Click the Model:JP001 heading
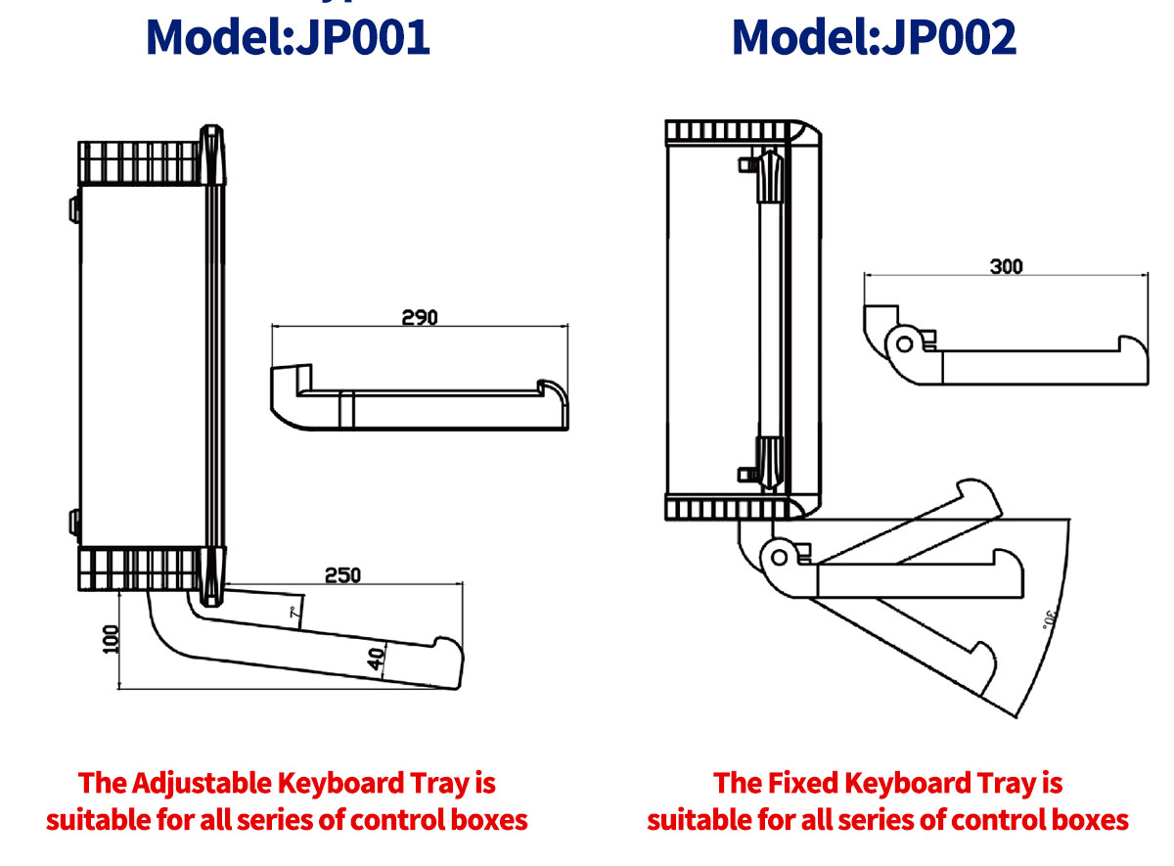[x=288, y=37]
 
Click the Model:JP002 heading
[x=874, y=37]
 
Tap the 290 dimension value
[x=420, y=317]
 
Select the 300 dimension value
[x=1006, y=266]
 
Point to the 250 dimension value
[x=342, y=574]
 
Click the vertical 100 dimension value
[x=111, y=639]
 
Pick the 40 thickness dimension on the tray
[x=376, y=660]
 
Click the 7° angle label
[x=292, y=614]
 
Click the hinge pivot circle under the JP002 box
[x=779, y=557]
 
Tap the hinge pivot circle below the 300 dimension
[x=905, y=343]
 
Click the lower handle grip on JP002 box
[x=772, y=463]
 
